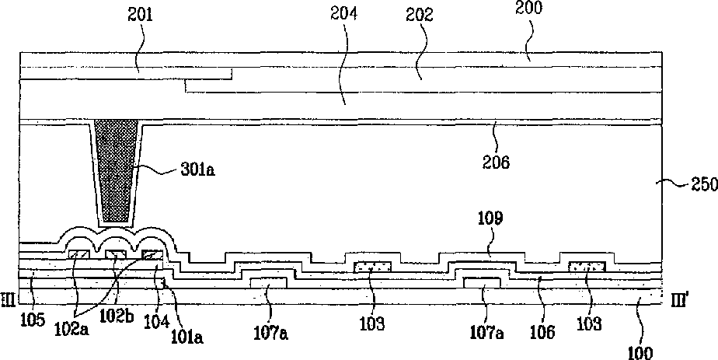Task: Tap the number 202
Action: click(x=419, y=17)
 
